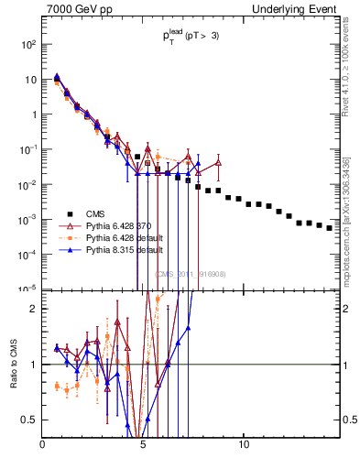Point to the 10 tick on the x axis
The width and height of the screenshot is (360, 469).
pyautogui.click(x=244, y=445)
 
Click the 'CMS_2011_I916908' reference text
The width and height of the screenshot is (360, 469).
pyautogui.click(x=190, y=273)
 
